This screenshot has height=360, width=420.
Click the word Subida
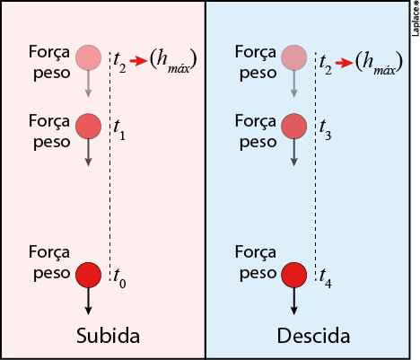[108, 336]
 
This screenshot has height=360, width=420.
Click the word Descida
[313, 336]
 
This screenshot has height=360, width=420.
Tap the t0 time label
[119, 278]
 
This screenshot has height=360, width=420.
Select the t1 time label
[119, 130]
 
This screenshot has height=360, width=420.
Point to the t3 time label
[325, 130]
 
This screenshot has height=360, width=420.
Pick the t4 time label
[326, 278]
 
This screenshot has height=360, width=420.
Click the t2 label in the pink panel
[119, 64]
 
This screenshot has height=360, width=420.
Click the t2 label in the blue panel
[326, 64]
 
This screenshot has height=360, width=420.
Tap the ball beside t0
[88, 275]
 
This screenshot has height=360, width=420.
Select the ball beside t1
[88, 126]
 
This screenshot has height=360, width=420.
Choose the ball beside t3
[294, 126]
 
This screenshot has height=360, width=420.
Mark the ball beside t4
[294, 275]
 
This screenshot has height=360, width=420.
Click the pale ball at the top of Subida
[88, 57]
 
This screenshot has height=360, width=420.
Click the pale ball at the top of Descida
[294, 57]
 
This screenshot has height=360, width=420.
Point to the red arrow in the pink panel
[138, 61]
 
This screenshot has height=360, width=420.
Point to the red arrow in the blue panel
[345, 63]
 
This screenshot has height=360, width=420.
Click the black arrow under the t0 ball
[88, 301]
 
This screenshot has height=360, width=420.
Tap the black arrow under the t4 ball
[294, 301]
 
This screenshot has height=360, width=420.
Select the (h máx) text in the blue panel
[379, 62]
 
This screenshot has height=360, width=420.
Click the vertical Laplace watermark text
[416, 19]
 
